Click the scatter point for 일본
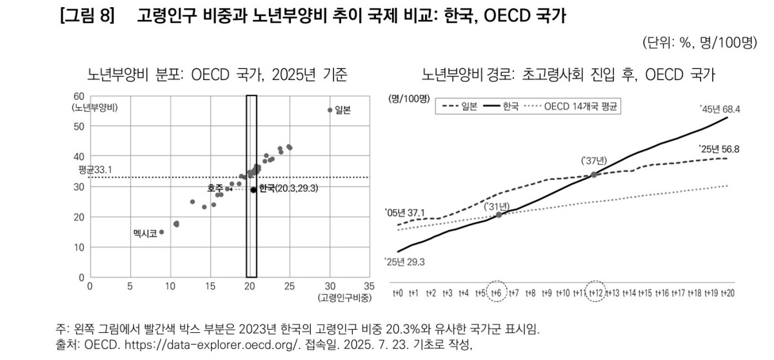[330, 110]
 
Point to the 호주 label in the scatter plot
[215, 188]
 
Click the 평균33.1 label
[92, 170]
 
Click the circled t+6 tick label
[497, 293]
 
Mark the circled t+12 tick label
[596, 293]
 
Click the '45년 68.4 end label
[720, 110]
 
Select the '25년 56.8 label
[719, 149]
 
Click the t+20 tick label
[728, 293]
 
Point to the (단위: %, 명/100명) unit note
[699, 43]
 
